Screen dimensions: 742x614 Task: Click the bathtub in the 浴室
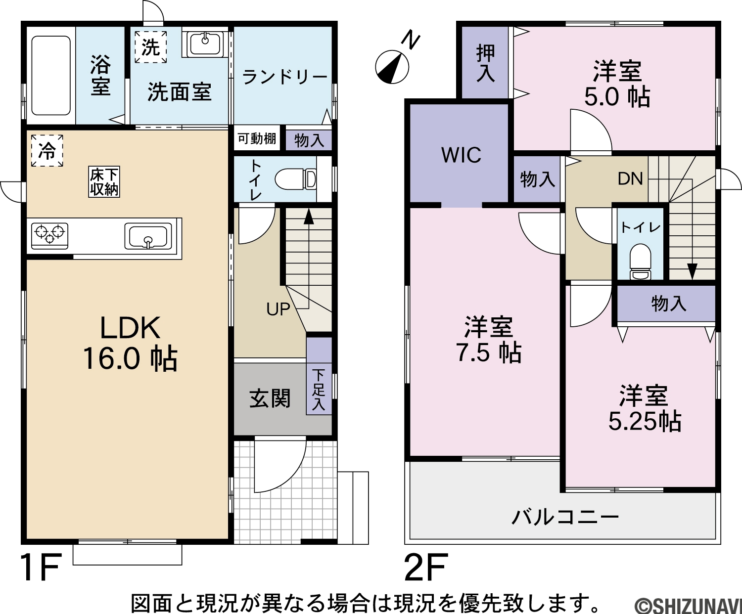tap(51, 75)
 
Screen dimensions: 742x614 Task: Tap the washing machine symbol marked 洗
tap(151, 47)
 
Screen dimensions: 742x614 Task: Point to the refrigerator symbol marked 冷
tap(47, 151)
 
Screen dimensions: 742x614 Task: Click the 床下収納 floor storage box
tap(104, 182)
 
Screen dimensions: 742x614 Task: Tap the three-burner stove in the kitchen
tap(50, 236)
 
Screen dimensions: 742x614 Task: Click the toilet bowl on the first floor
tap(296, 179)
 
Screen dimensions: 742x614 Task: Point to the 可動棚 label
tap(257, 138)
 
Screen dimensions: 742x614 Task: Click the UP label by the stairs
tap(278, 309)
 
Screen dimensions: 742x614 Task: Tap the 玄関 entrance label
tap(270, 398)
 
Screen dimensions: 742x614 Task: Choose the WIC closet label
tap(461, 155)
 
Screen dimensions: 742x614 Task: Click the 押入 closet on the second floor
tap(485, 62)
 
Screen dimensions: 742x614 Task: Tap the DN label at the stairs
tap(630, 178)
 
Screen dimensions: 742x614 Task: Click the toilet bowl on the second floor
tap(640, 262)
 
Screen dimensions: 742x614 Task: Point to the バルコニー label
tap(565, 518)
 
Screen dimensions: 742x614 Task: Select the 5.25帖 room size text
tap(645, 422)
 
